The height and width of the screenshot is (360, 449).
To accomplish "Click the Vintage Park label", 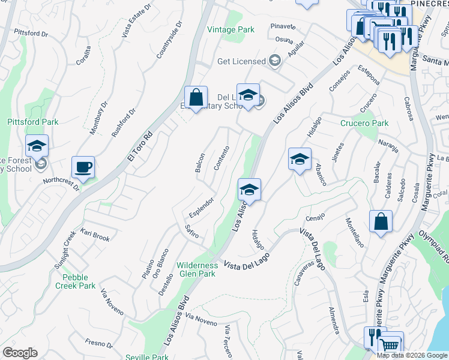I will tap(231, 29).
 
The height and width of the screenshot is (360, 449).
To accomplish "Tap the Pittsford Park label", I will tap(33, 122).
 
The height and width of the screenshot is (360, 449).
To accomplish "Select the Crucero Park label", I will tap(364, 123).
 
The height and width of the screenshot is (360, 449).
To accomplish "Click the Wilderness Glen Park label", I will tap(196, 269).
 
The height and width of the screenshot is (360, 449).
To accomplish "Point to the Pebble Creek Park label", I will tap(79, 281).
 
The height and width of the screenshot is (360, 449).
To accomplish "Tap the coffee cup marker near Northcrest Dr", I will tap(83, 167).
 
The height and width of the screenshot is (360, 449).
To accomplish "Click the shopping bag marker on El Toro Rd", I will tap(196, 97).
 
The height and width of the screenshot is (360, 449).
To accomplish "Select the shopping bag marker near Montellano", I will tap(381, 221).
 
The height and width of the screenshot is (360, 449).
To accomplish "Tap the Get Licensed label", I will tap(241, 61).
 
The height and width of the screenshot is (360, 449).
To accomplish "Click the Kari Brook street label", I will tap(95, 235).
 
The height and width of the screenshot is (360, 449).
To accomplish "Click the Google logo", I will tap(20, 353).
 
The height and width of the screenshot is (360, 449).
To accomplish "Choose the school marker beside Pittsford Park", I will tap(37, 146).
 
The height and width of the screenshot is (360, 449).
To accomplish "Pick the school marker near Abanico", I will tap(300, 159).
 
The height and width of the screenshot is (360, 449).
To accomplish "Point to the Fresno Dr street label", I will tap(98, 343).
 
